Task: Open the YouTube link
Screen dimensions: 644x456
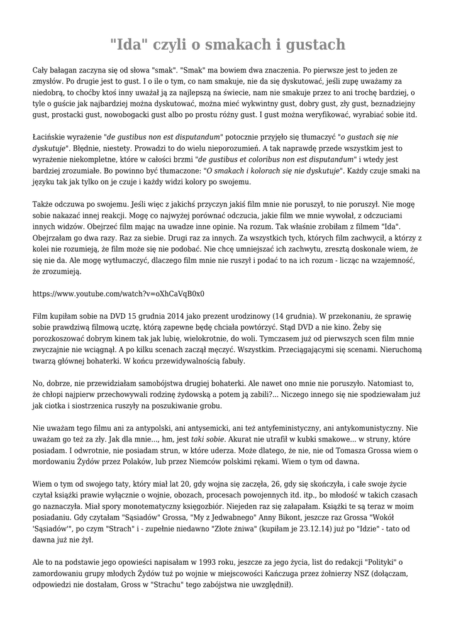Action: (x=118, y=294)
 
